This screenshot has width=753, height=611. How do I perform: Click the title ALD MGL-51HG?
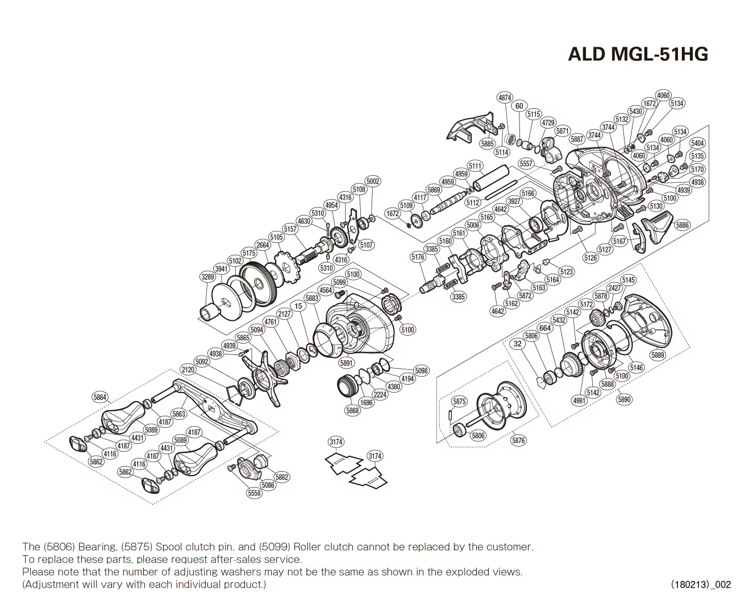pyautogui.click(x=638, y=53)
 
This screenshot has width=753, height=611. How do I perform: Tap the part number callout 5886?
pyautogui.click(x=682, y=225)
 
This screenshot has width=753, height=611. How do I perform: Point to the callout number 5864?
pyautogui.click(x=100, y=398)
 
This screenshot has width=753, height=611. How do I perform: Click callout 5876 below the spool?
pyautogui.click(x=518, y=440)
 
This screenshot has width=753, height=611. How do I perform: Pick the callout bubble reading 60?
pyautogui.click(x=519, y=106)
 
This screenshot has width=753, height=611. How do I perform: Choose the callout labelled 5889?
pyautogui.click(x=658, y=355)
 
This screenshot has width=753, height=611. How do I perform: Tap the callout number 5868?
pyautogui.click(x=352, y=410)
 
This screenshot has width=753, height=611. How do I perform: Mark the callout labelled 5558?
pyautogui.click(x=255, y=493)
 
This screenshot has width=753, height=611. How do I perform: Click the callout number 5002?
pyautogui.click(x=373, y=181)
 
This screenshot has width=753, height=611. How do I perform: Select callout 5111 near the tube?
pyautogui.click(x=475, y=166)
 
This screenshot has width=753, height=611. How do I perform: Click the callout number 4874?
pyautogui.click(x=505, y=98)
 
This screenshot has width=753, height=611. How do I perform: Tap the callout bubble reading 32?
pyautogui.click(x=517, y=344)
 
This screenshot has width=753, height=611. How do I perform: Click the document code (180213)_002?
pyautogui.click(x=700, y=584)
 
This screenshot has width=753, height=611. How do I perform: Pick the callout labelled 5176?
pyautogui.click(x=418, y=257)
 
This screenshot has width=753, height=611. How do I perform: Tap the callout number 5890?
pyautogui.click(x=624, y=399)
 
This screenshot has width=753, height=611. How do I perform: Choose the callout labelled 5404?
pyautogui.click(x=697, y=143)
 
